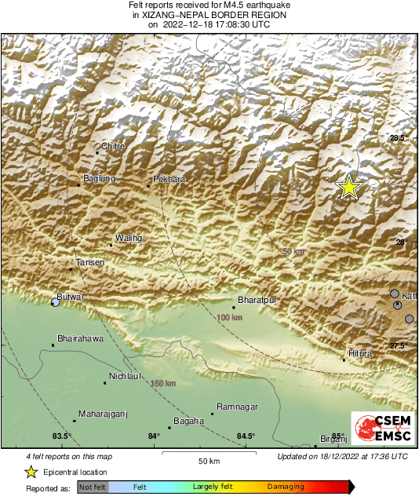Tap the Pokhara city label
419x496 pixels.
[169, 180]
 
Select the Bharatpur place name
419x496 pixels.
[258, 300]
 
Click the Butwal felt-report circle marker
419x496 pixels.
[56, 302]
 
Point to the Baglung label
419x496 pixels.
[99, 179]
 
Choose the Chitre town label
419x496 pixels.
[114, 146]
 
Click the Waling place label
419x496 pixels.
[128, 238]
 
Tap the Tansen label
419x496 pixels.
[89, 262]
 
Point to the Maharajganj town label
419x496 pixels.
[103, 414]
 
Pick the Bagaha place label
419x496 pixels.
[188, 421]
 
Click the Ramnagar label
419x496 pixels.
[236, 407]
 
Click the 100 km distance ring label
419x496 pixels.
[231, 317]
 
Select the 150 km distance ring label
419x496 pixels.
[163, 383]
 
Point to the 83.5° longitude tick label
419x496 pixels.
[61, 436]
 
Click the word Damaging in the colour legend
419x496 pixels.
[286, 487]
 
